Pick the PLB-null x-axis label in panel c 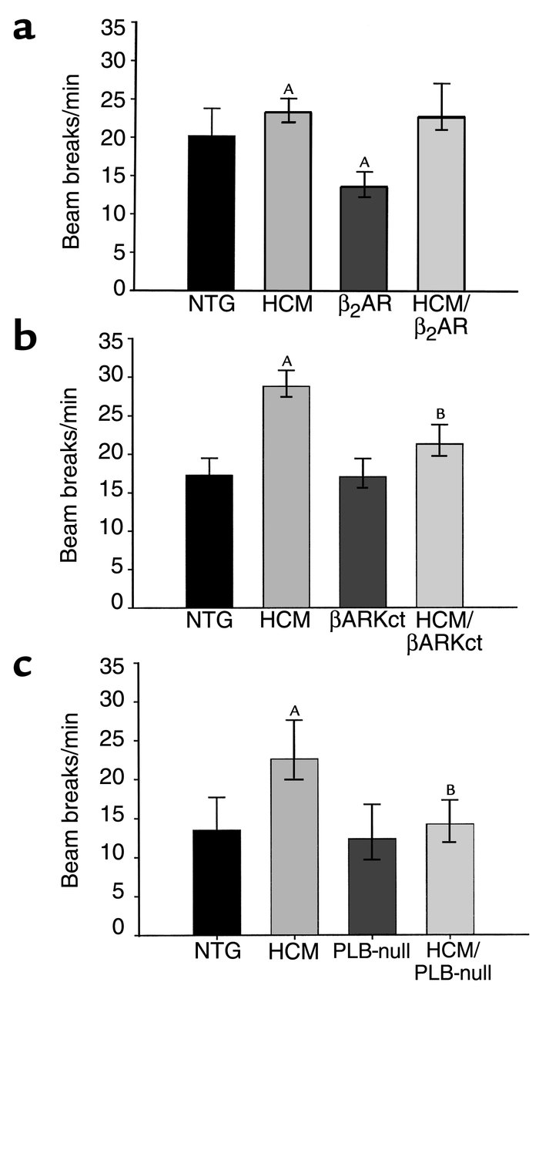click(371, 952)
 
